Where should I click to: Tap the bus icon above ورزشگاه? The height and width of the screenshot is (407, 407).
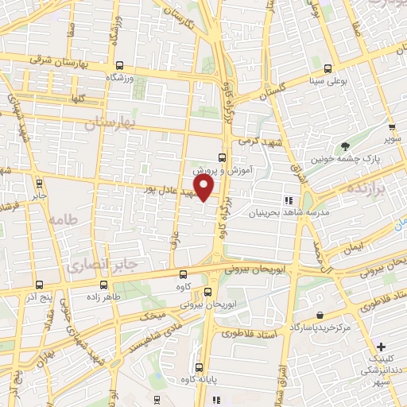pyautogui.click(x=119, y=67)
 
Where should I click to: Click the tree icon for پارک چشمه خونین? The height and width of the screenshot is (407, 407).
pyautogui.click(x=344, y=146)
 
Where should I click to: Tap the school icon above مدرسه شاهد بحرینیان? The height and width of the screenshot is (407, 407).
pyautogui.click(x=289, y=201)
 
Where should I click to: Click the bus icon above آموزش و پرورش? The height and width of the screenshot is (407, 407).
pyautogui.click(x=222, y=157)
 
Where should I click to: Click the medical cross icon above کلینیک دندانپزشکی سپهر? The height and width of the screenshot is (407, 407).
pyautogui.click(x=382, y=347)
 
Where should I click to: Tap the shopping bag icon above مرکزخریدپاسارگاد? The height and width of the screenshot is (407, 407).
pyautogui.click(x=319, y=316)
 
